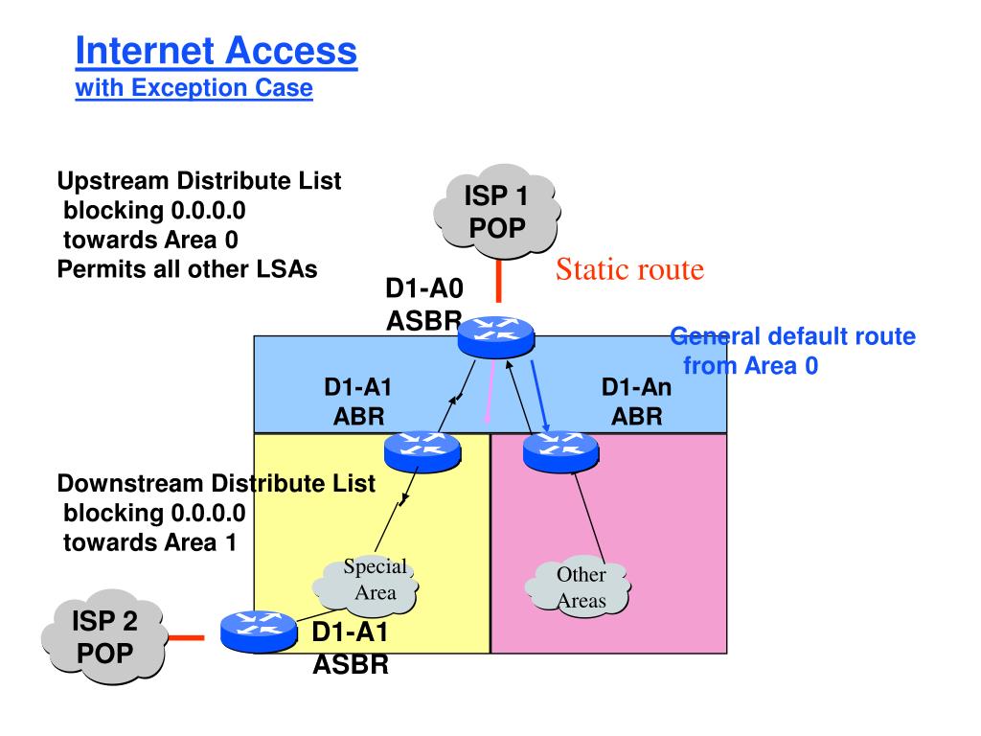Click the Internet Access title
point(216,51)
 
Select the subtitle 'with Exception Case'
point(194,87)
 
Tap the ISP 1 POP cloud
point(497,212)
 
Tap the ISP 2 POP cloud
point(104,636)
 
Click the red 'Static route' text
point(630,269)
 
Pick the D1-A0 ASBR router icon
point(496,336)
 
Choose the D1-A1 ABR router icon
point(422,450)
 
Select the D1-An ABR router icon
point(561,450)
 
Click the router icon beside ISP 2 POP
point(259,632)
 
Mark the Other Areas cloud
point(578,587)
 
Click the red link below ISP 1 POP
point(498,281)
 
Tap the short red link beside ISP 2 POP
point(187,637)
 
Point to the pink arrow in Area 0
point(490,391)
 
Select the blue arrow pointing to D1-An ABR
point(540,396)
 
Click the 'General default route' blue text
point(792,336)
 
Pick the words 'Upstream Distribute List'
point(199,181)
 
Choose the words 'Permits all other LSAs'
point(187,269)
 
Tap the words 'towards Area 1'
point(150,542)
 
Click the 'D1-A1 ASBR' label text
point(351,649)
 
